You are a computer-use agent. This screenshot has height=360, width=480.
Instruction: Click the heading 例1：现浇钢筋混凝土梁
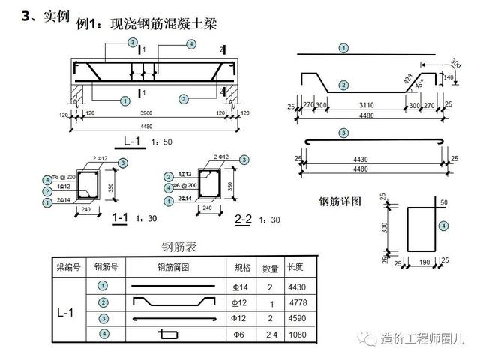pos(146,24)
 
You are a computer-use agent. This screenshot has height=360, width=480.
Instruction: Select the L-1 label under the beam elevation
pos(133,140)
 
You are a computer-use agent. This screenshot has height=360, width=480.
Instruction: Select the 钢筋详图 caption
pos(340,201)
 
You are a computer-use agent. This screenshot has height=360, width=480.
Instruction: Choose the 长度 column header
pos(295,267)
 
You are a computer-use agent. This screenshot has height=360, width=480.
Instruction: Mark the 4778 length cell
pos(297,303)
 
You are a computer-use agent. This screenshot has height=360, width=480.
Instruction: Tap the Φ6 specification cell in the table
pos(240,334)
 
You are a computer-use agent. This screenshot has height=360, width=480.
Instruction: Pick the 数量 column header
pos(270,267)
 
